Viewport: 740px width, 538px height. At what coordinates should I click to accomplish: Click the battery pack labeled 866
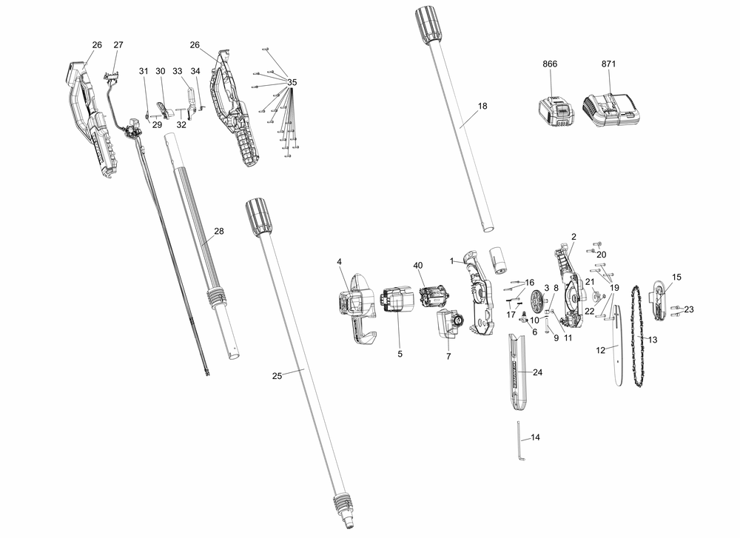(555, 115)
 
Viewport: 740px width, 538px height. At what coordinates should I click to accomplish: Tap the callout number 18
(482, 106)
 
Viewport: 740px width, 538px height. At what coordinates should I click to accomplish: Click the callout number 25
(277, 376)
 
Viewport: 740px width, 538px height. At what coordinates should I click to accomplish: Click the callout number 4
(339, 262)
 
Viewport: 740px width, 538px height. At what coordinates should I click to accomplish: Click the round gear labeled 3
(538, 303)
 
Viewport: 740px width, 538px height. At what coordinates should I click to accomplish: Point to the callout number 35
(292, 81)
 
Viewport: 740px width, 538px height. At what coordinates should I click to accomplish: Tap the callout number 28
(219, 232)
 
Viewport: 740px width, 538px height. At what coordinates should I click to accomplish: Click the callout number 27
(118, 45)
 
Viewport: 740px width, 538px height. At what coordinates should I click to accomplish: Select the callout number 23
(688, 309)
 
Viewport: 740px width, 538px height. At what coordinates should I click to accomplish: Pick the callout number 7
(448, 357)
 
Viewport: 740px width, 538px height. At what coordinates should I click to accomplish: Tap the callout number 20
(602, 255)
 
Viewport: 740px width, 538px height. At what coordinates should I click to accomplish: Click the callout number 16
(529, 283)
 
